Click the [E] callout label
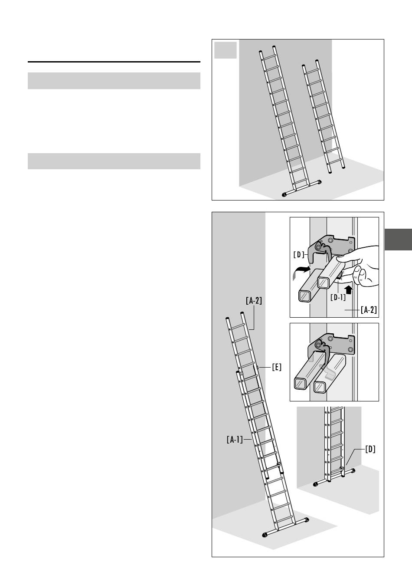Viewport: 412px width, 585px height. tap(277, 367)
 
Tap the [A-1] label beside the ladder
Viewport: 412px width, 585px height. tap(235, 440)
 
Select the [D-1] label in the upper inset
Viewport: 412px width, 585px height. tap(338, 297)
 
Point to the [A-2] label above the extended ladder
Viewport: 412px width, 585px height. tap(254, 301)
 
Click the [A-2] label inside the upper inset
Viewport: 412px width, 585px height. tap(369, 310)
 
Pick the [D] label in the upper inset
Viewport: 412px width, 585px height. tap(299, 255)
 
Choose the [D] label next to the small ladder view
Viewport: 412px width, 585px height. tap(370, 449)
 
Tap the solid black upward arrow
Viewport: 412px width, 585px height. tap(349, 289)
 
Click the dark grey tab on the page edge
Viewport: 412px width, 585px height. tap(398, 240)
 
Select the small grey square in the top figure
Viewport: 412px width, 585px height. tap(226, 50)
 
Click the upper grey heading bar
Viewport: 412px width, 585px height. tap(114, 81)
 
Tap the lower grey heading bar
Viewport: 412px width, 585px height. tap(114, 161)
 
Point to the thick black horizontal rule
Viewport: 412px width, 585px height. tap(114, 62)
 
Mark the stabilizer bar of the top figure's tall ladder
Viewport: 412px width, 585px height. tap(302, 188)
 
